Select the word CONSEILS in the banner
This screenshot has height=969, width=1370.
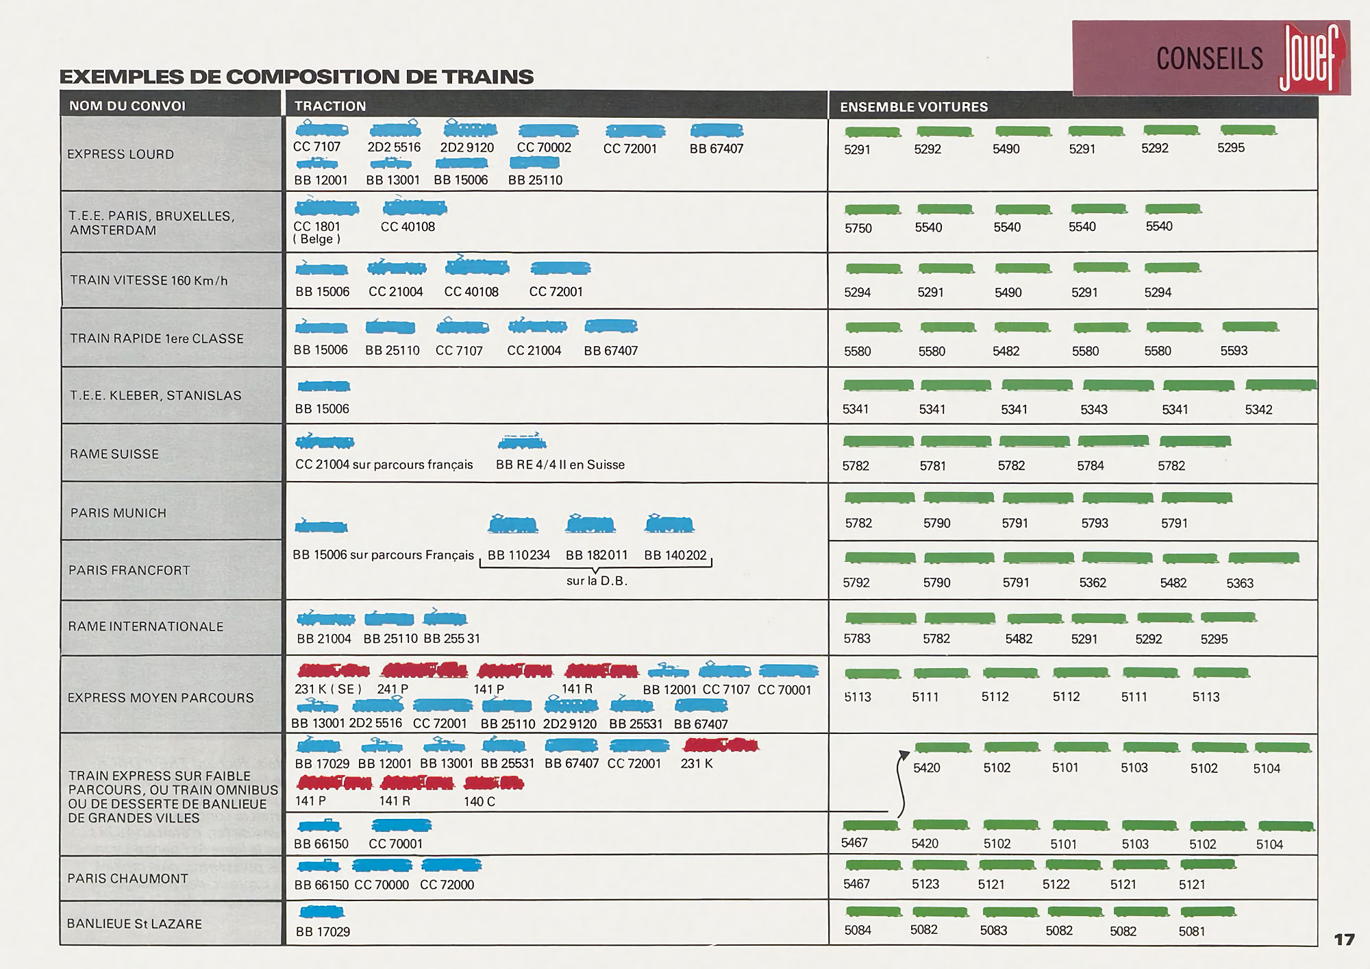point(1209,59)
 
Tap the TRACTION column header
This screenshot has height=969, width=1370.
point(330,106)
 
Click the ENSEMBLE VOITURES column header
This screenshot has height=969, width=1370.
point(914,107)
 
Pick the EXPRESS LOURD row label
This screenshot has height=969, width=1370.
point(121,154)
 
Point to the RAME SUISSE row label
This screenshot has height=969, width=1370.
point(114,454)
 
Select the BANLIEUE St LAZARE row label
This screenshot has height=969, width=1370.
point(134,924)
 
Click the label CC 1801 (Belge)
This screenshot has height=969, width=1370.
point(316,232)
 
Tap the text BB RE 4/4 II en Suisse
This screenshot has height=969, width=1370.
point(560,465)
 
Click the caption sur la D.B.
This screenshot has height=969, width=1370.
point(597,581)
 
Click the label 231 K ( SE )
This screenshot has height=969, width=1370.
point(327,689)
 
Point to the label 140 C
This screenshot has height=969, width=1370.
point(479,801)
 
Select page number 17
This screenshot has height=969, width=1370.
point(1344,940)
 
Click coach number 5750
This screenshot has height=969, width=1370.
point(858,228)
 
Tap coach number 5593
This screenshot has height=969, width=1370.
point(1233,351)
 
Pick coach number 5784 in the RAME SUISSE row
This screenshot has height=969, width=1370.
point(1090,466)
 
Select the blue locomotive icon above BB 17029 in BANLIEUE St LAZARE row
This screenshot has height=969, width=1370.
point(322,912)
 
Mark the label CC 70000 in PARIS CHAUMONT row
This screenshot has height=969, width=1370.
point(381,885)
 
